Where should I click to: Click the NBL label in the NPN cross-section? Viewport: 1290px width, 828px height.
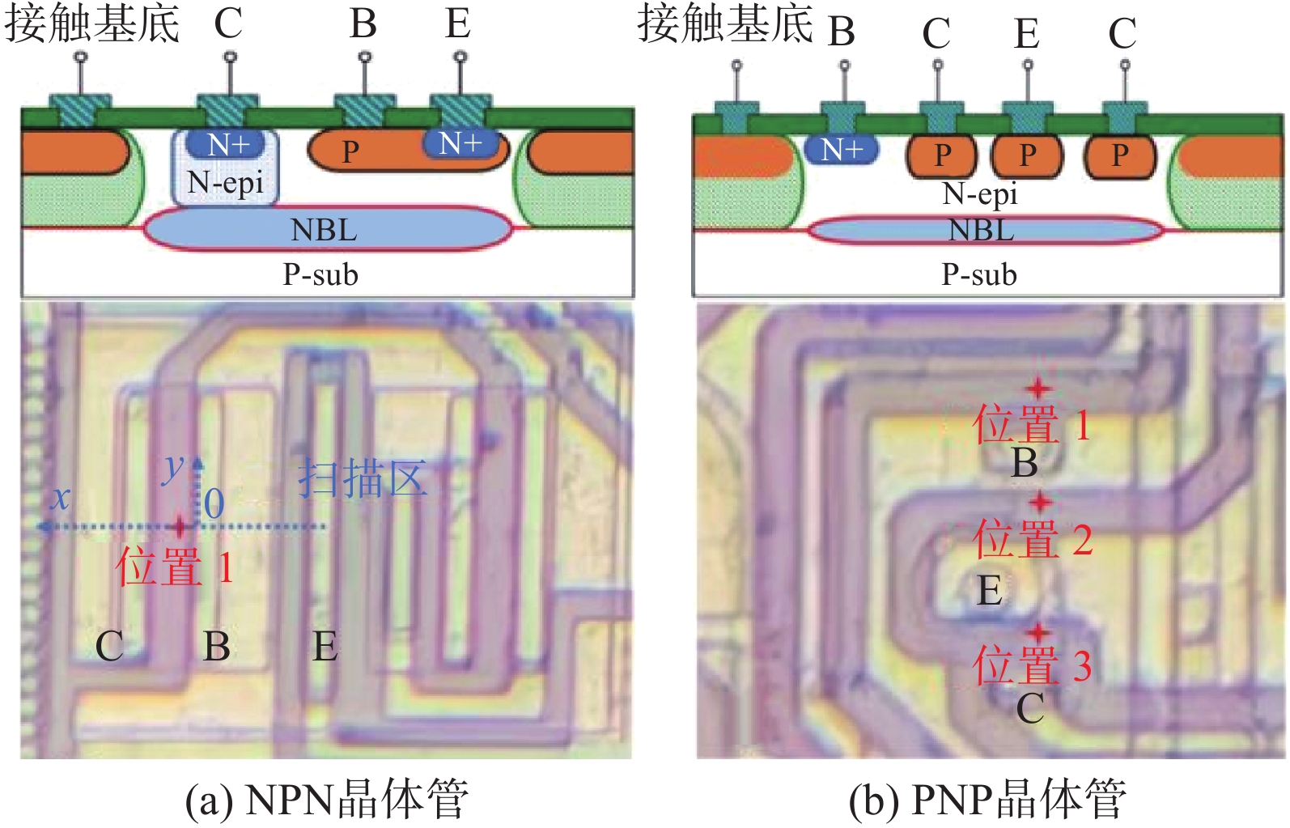tap(324, 230)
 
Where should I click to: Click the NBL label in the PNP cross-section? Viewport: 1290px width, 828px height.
tap(981, 231)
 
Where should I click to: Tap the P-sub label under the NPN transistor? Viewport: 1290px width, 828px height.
tap(320, 274)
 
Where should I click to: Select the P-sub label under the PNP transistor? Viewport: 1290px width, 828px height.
tap(979, 274)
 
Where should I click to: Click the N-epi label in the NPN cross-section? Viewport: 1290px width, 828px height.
tap(225, 184)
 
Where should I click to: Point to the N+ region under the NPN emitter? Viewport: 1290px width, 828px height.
tap(460, 143)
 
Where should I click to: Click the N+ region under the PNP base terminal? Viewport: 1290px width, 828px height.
tap(842, 150)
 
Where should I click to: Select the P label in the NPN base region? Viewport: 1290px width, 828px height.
tap(350, 152)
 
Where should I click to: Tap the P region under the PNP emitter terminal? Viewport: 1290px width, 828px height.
tap(1028, 155)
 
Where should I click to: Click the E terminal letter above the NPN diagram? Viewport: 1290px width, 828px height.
tap(458, 24)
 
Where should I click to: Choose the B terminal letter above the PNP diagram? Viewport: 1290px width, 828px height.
tap(842, 32)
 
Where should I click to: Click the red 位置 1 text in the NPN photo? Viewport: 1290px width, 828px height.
tap(175, 567)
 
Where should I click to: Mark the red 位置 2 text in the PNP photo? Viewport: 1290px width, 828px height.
tap(1032, 537)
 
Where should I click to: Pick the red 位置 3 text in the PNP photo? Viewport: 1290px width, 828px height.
tap(1032, 664)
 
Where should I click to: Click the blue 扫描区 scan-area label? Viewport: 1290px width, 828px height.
tap(363, 478)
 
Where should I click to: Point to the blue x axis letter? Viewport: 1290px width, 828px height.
tap(60, 498)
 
